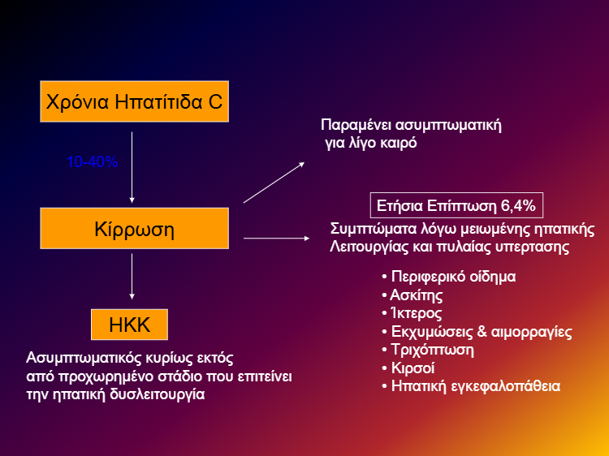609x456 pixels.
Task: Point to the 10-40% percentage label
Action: pos(93,162)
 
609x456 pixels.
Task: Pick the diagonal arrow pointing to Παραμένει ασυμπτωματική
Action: pos(274,182)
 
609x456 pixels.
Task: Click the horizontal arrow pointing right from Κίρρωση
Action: pos(276,238)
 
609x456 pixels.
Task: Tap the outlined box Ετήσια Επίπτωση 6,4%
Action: pos(457,204)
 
